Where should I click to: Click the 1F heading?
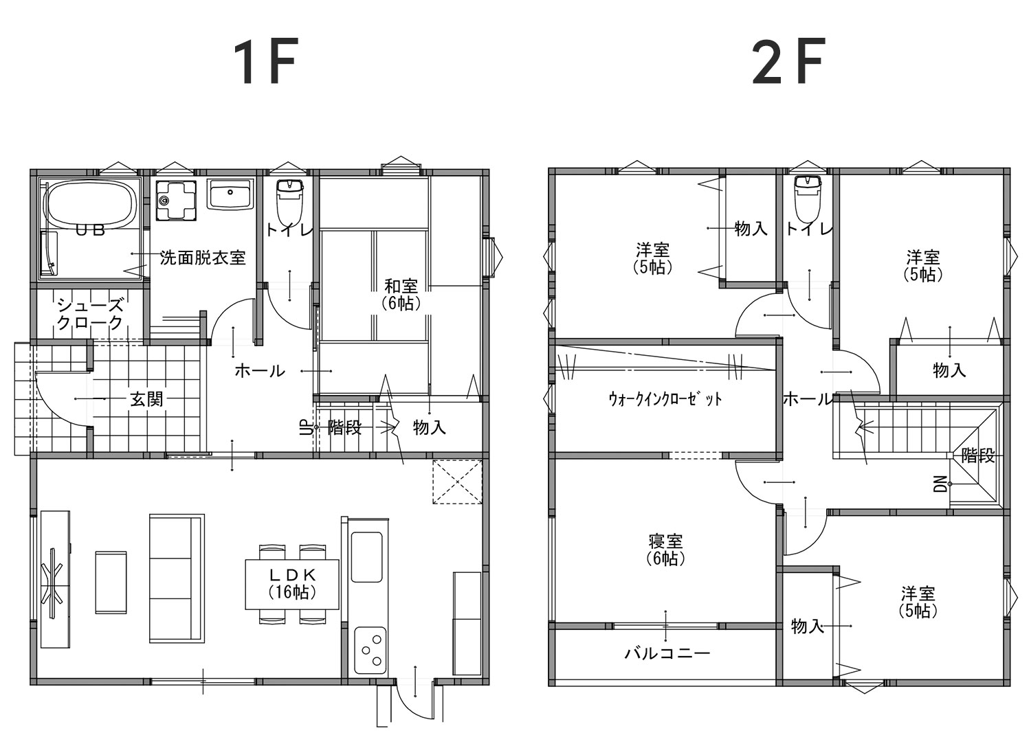pyautogui.click(x=265, y=61)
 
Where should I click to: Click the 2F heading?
pyautogui.click(x=788, y=61)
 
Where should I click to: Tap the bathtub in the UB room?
pyautogui.click(x=91, y=205)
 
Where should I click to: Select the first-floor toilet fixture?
pyautogui.click(x=290, y=201)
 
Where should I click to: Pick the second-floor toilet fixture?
pyautogui.click(x=808, y=199)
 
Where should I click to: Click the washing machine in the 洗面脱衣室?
pyautogui.click(x=176, y=200)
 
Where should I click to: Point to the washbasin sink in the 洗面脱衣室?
pyautogui.click(x=230, y=194)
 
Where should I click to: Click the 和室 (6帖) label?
pyautogui.click(x=401, y=295)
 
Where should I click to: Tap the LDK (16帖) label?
pyautogui.click(x=292, y=584)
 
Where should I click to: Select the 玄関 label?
pyautogui.click(x=146, y=399)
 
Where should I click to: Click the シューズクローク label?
pyautogui.click(x=90, y=314)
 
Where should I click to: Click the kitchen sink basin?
pyautogui.click(x=367, y=557)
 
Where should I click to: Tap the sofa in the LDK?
pyautogui.click(x=177, y=578)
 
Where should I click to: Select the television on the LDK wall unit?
pyautogui.click(x=54, y=582)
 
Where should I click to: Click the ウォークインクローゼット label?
pyautogui.click(x=665, y=398)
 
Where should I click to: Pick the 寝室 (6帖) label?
pyautogui.click(x=665, y=550)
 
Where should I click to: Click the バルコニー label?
pyautogui.click(x=667, y=653)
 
